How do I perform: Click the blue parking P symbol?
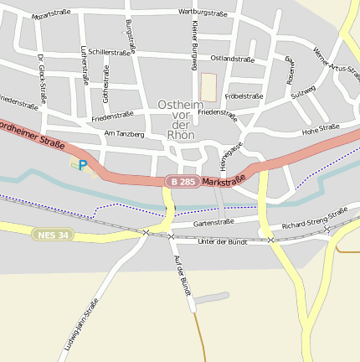pyautogui.click(x=82, y=165)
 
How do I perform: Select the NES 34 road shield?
pyautogui.click(x=53, y=235)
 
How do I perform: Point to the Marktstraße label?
pyautogui.click(x=224, y=179)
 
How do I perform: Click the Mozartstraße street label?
pyautogui.click(x=51, y=14)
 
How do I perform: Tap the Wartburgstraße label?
pyautogui.click(x=203, y=13)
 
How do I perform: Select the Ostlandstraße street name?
pyautogui.click(x=232, y=59)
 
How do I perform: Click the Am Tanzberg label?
pyautogui.click(x=124, y=133)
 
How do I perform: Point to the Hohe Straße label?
pyautogui.click(x=320, y=128)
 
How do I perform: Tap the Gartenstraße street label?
pyautogui.click(x=213, y=222)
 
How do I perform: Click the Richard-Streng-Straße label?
pyautogui.click(x=314, y=219)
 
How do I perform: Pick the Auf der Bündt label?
pyautogui.click(x=179, y=274)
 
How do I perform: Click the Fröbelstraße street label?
pyautogui.click(x=244, y=96)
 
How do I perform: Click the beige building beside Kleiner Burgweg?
pyautogui.click(x=208, y=86)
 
